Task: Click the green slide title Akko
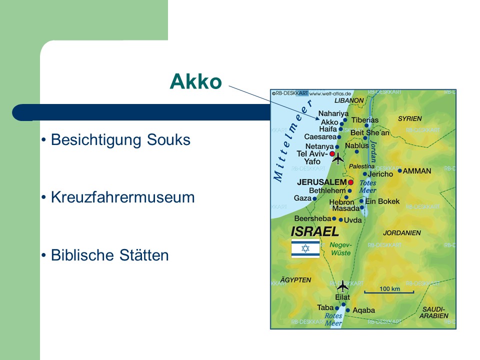[195, 81]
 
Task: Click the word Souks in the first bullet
[168, 139]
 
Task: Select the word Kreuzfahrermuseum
[123, 197]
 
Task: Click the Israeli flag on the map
[305, 248]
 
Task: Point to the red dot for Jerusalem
[350, 182]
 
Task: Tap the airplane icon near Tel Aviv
[338, 158]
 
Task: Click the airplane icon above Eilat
[342, 286]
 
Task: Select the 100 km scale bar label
[389, 288]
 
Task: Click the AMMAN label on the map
[416, 171]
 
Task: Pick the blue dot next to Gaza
[314, 198]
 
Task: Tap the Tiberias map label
[365, 120]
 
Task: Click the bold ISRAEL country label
[314, 231]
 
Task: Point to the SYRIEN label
[410, 118]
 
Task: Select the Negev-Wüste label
[340, 249]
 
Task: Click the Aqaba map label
[363, 310]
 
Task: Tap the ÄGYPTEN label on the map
[295, 280]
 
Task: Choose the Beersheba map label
[312, 218]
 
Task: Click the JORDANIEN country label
[402, 233]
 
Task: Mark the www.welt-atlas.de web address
[330, 93]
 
